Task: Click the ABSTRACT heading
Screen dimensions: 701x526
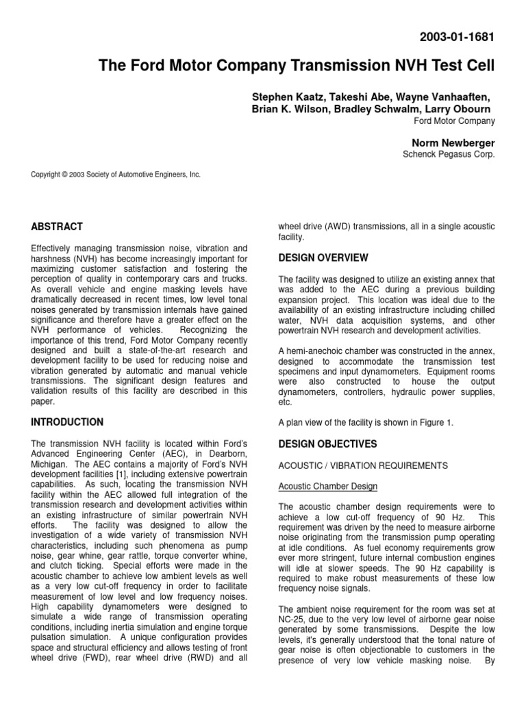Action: [58, 227]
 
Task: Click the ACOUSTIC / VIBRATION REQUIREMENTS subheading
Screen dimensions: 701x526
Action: [363, 466]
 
